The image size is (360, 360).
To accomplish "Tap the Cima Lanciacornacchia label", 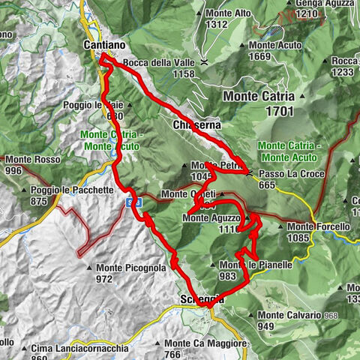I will (78, 348).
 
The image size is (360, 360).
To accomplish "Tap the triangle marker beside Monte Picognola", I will (90, 268).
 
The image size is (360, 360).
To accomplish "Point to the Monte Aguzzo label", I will (213, 218).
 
